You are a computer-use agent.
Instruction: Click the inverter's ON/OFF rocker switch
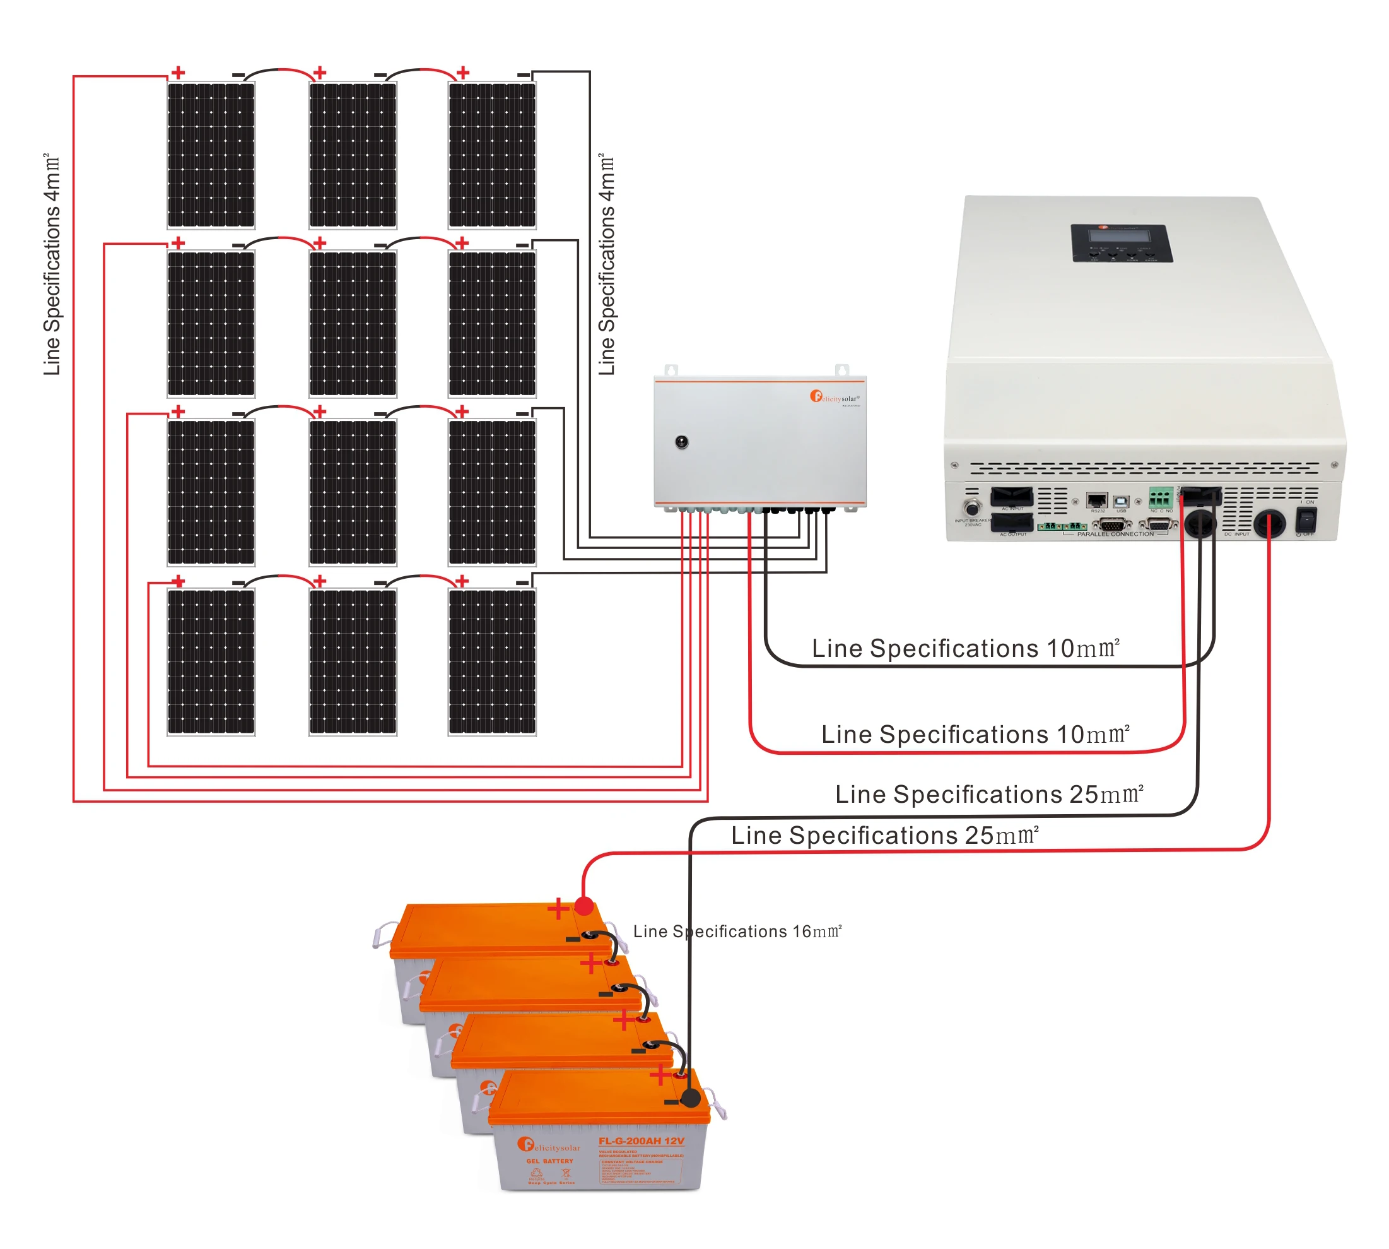[1304, 521]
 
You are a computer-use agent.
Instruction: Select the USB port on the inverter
[1121, 502]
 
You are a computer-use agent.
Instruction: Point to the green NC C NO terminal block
[1160, 497]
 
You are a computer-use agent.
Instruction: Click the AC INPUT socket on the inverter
[1011, 496]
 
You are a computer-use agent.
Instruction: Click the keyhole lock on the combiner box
[681, 442]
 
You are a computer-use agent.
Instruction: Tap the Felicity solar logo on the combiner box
[833, 398]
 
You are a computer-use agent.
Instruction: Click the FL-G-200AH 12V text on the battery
[641, 1141]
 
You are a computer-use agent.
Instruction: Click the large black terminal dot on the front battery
[690, 1098]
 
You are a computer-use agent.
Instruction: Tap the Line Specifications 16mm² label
[737, 932]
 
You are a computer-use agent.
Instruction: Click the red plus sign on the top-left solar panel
[179, 73]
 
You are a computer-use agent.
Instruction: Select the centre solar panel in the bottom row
[353, 662]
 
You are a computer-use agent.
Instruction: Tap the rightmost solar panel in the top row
[492, 155]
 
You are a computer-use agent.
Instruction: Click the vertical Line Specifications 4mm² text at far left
[52, 264]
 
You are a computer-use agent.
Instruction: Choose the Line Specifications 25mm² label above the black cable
[988, 795]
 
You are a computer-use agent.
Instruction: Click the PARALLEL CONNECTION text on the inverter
[1115, 534]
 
